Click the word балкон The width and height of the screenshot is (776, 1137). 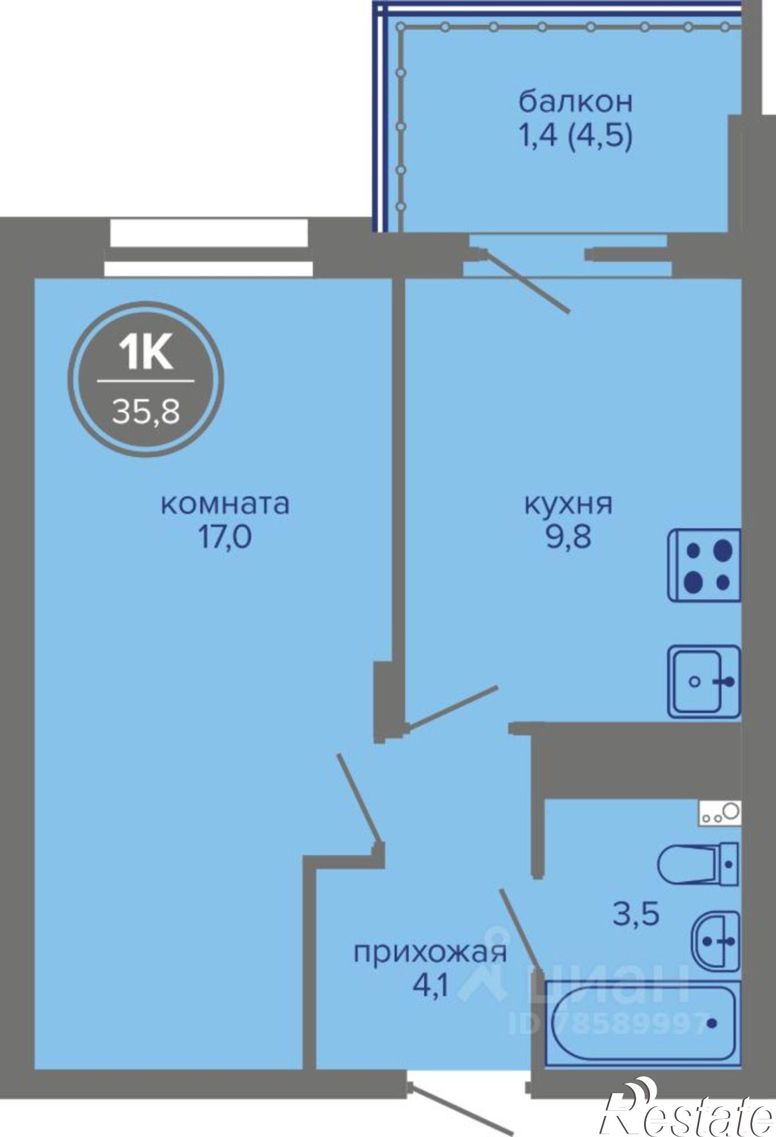click(575, 102)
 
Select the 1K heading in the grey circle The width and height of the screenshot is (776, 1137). click(146, 354)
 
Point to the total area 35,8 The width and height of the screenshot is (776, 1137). click(146, 410)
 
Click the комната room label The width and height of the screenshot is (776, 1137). click(225, 504)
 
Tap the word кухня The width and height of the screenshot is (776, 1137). click(568, 504)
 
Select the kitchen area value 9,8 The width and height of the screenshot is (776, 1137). click(568, 537)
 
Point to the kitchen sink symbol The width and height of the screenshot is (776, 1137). click(704, 681)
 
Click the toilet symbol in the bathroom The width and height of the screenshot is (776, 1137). click(698, 864)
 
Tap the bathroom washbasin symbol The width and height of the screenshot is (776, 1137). click(715, 941)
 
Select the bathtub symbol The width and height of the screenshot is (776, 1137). click(641, 1023)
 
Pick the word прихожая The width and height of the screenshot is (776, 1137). click(430, 952)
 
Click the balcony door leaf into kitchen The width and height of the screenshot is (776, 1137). click(526, 281)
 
